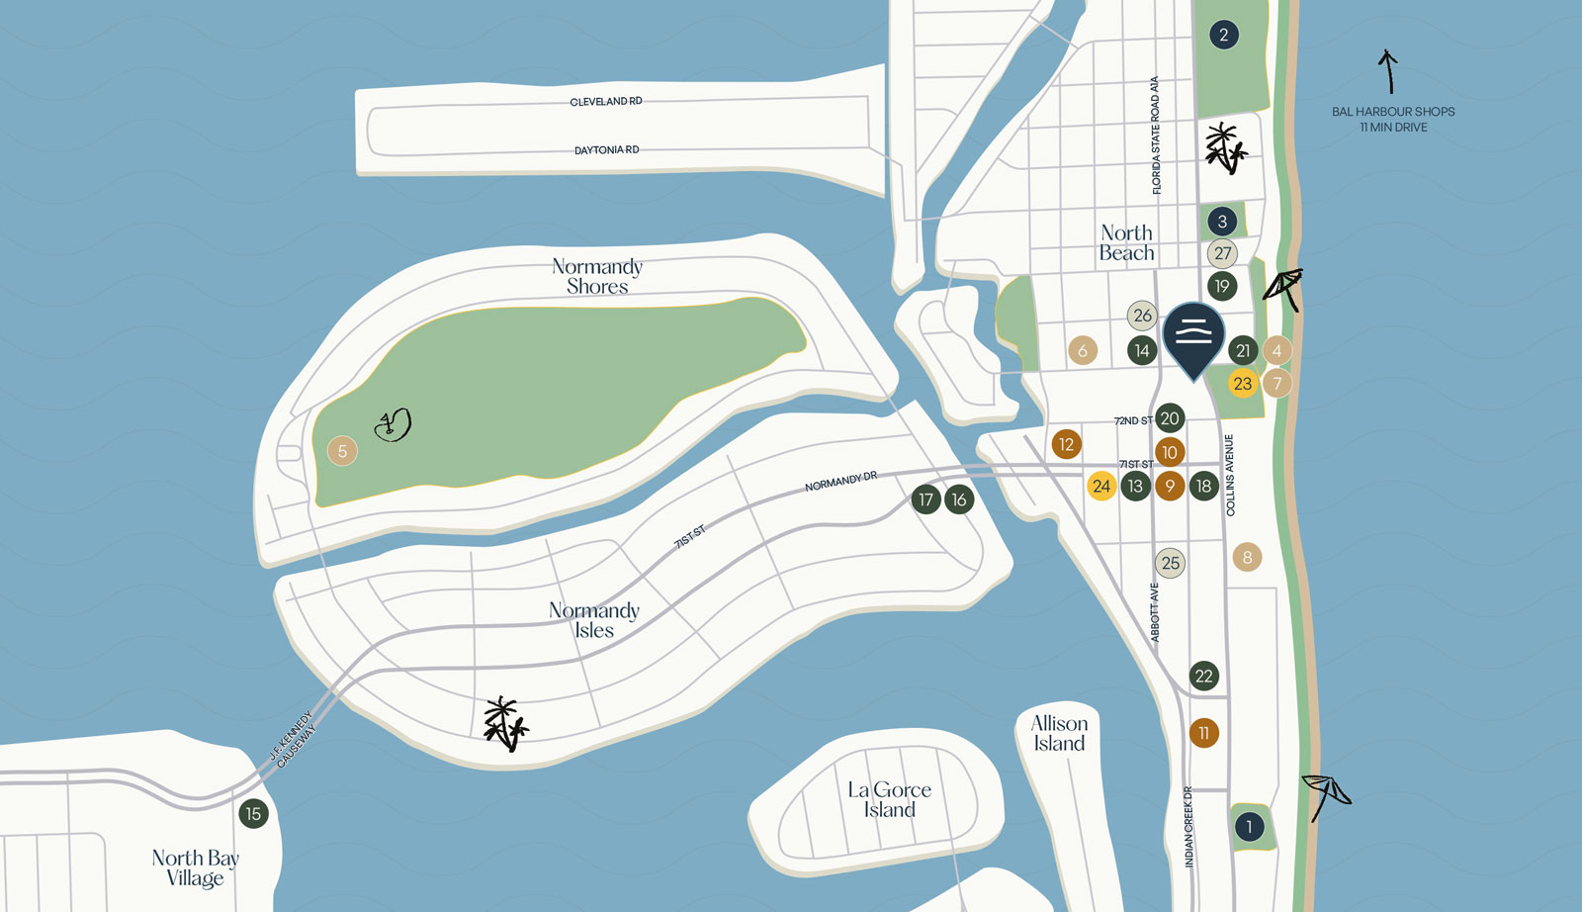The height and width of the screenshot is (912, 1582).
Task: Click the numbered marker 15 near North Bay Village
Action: [x=253, y=814]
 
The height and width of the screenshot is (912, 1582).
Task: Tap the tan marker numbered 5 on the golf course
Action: [x=342, y=451]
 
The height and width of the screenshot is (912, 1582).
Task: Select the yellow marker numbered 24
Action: [x=1100, y=486]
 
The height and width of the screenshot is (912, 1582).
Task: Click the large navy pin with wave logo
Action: [x=1193, y=337]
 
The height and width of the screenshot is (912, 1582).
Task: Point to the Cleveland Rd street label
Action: [x=605, y=102]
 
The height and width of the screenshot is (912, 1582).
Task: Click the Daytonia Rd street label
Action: [x=606, y=150]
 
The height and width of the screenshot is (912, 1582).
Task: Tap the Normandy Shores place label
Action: [x=597, y=276]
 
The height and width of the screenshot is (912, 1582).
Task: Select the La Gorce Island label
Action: [x=889, y=799]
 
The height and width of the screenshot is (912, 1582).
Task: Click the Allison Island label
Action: [x=1059, y=733]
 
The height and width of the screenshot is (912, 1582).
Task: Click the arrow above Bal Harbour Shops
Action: [x=1388, y=71]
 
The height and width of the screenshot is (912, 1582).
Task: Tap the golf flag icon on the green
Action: [x=393, y=425]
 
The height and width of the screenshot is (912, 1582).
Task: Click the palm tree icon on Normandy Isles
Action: [x=505, y=724]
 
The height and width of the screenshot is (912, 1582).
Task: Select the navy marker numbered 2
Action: [x=1223, y=36]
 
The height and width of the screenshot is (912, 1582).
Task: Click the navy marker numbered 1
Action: [x=1249, y=826]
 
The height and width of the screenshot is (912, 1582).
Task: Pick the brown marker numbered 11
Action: [x=1203, y=733]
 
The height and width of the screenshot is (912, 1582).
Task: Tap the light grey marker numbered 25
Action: [x=1170, y=563]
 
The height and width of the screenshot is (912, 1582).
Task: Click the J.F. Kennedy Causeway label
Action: [x=293, y=739]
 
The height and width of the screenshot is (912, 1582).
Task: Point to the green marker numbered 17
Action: [x=925, y=500]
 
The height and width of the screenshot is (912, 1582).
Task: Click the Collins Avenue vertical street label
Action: [x=1230, y=475]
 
